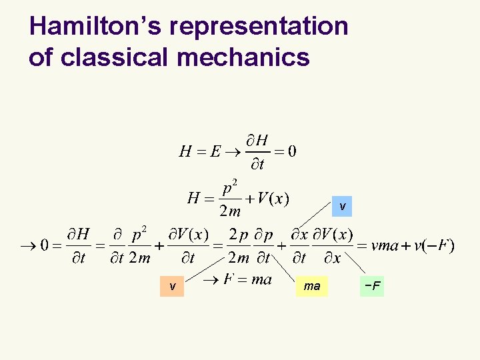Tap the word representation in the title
pos(259,27)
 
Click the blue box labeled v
pos(342,207)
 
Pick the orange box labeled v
pos(173,286)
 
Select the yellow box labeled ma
pos(312,286)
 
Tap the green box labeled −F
pos(372,286)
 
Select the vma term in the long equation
pos(385,245)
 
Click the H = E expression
pos(200,151)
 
